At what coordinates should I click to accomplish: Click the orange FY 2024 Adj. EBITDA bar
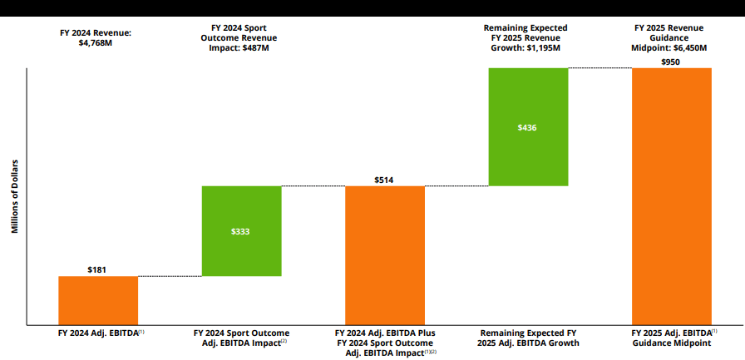pyautogui.click(x=98, y=300)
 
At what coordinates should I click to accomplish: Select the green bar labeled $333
pyautogui.click(x=242, y=230)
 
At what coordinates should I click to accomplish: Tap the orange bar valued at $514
pyautogui.click(x=385, y=255)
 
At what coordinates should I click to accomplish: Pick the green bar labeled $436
pyautogui.click(x=528, y=126)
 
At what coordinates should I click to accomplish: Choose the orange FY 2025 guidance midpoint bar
pyautogui.click(x=672, y=196)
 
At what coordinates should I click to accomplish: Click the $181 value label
pyautogui.click(x=98, y=269)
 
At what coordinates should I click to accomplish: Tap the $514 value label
pyautogui.click(x=385, y=180)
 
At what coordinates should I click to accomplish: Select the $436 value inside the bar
pyautogui.click(x=528, y=127)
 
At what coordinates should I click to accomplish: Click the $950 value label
pyautogui.click(x=672, y=62)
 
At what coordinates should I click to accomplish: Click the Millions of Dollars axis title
pyautogui.click(x=15, y=196)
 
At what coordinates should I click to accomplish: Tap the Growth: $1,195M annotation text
pyautogui.click(x=526, y=48)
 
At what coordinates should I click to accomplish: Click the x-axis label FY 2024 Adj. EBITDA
pyautogui.click(x=98, y=333)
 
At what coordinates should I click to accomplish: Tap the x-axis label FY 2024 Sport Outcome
pyautogui.click(x=242, y=333)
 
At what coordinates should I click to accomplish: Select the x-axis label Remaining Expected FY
pyautogui.click(x=526, y=333)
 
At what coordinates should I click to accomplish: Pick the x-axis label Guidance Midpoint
pyautogui.click(x=672, y=343)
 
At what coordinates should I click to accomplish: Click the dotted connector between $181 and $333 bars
pyautogui.click(x=170, y=276)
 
